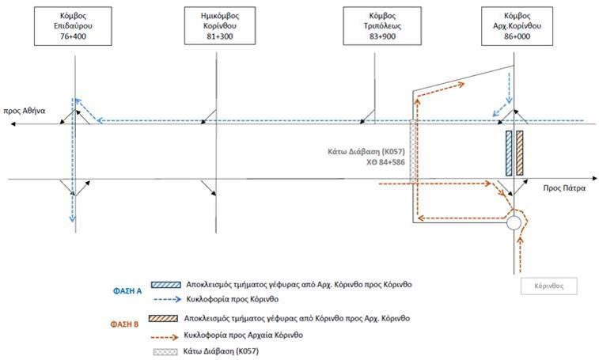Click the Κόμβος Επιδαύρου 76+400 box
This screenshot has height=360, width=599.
(x=73, y=26)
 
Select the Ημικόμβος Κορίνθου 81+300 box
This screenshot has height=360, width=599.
(x=220, y=26)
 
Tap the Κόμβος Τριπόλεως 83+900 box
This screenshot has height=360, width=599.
(x=382, y=26)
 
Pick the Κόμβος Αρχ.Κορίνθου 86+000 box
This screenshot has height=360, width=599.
(x=517, y=26)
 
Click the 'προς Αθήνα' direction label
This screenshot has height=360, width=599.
(x=25, y=111)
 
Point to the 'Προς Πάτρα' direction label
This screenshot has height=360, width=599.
(x=564, y=188)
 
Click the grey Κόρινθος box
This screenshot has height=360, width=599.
(x=549, y=286)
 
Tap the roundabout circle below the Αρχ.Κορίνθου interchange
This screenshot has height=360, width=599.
(x=514, y=223)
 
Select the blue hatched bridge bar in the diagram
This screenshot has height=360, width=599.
(x=509, y=153)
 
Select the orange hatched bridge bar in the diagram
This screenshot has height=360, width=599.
(x=520, y=153)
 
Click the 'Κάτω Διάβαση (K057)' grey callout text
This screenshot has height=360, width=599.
(x=366, y=152)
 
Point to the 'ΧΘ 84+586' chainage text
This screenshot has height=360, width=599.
(x=385, y=162)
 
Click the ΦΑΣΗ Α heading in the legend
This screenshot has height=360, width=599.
(x=127, y=291)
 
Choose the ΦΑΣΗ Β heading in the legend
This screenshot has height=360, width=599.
(x=124, y=324)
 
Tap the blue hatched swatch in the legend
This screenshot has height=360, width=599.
(x=166, y=285)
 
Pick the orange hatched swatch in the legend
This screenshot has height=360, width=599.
(x=164, y=318)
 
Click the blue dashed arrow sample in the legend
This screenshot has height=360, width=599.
(x=167, y=299)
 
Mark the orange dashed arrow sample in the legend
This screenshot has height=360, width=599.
(x=165, y=337)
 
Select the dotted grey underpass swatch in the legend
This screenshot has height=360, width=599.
(x=165, y=351)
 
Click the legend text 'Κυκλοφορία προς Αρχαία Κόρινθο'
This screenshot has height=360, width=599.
(x=244, y=335)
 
